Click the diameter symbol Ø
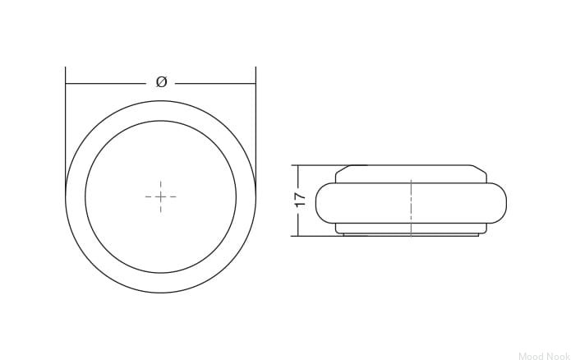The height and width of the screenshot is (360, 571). tap(161, 81)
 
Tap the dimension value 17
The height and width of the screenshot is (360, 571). tap(301, 199)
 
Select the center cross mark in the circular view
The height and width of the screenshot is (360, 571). tap(160, 196)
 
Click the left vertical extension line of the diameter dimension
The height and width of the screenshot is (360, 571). tap(66, 127)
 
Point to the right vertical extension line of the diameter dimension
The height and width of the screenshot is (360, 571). tap(256, 127)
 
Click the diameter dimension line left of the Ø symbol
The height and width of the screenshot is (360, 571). tap(105, 84)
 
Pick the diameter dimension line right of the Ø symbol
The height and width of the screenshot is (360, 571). tap(215, 84)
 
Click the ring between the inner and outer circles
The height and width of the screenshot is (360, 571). tap(76, 196)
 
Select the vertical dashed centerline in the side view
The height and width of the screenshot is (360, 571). tap(411, 208)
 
